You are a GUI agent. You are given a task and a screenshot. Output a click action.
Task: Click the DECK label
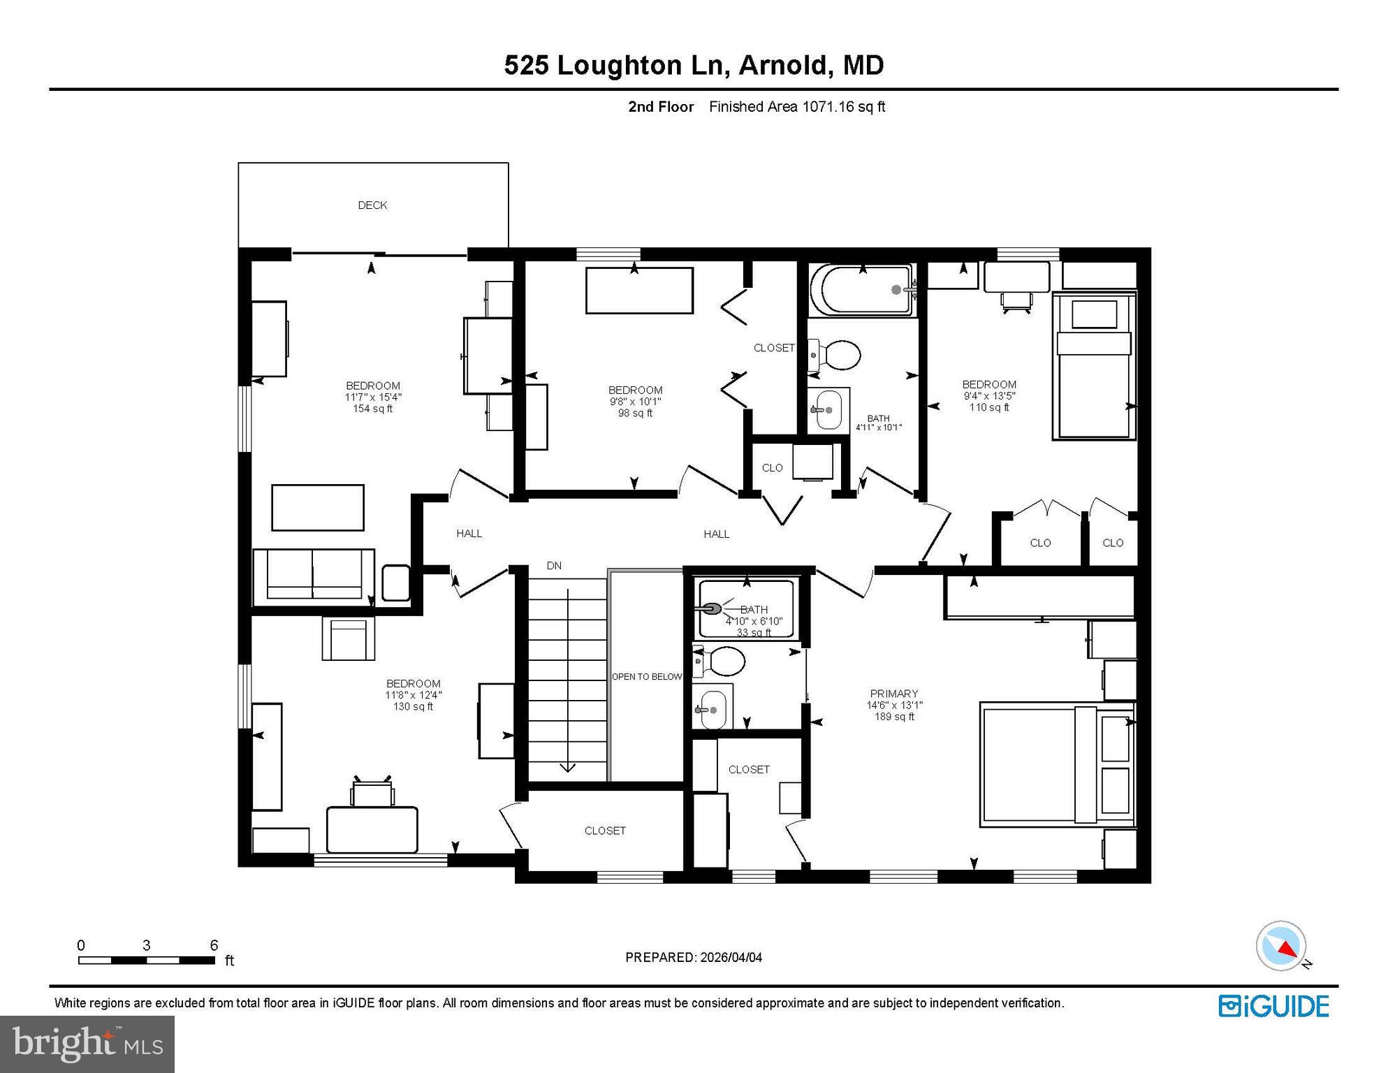372,205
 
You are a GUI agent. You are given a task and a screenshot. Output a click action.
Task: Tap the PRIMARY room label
893,694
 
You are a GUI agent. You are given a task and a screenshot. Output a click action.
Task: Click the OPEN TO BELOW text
647,676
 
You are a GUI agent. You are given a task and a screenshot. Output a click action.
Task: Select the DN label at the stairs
554,566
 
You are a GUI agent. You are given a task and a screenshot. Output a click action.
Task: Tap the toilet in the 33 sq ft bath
719,661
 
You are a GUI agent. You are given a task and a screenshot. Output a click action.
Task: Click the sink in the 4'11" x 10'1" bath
828,411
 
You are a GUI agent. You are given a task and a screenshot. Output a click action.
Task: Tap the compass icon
1281,946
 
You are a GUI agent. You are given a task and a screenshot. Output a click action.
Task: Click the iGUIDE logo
1273,1007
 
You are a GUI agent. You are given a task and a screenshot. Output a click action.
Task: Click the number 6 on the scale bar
214,945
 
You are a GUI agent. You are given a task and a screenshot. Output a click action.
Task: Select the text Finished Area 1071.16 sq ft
797,107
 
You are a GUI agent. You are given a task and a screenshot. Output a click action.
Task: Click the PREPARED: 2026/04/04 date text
694,957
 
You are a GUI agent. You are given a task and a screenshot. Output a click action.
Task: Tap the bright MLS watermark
87,1044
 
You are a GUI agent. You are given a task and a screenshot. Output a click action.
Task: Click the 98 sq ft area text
635,413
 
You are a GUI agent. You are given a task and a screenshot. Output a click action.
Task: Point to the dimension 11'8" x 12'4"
414,695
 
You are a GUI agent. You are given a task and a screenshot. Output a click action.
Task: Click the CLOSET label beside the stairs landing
605,831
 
